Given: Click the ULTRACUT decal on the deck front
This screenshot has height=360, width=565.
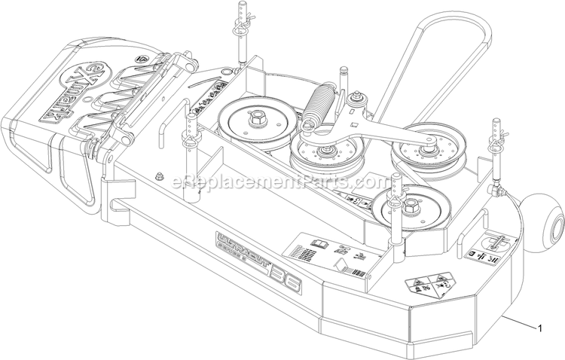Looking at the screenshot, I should tap(238, 259).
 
